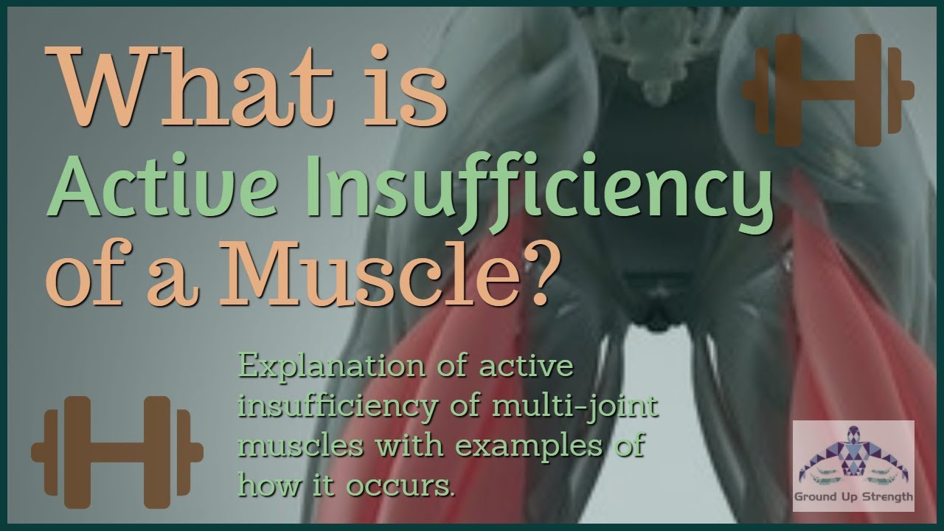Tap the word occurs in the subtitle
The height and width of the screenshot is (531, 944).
coord(410,486)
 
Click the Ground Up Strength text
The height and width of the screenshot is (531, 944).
coord(853,497)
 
